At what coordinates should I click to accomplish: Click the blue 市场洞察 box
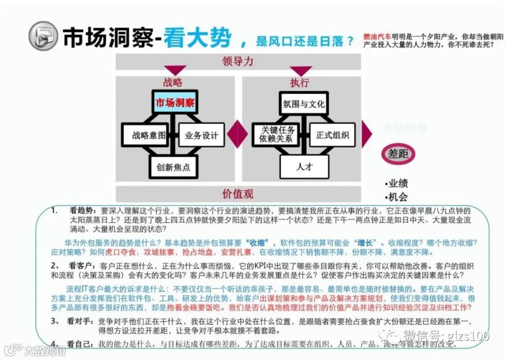pyautogui.click(x=175, y=103)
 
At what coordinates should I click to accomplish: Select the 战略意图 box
pyautogui.click(x=149, y=136)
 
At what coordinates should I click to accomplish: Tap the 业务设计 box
pyautogui.click(x=201, y=136)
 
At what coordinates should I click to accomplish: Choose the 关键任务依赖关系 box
pyautogui.click(x=278, y=135)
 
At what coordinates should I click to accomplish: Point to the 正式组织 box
pyautogui.click(x=332, y=135)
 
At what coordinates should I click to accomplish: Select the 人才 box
pyautogui.click(x=305, y=167)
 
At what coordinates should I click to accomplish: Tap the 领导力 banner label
pyautogui.click(x=238, y=61)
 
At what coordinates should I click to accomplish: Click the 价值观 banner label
pyautogui.click(x=238, y=194)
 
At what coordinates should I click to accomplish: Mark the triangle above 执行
pyautogui.click(x=300, y=71)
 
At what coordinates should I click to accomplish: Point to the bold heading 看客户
pyautogui.click(x=79, y=264)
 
